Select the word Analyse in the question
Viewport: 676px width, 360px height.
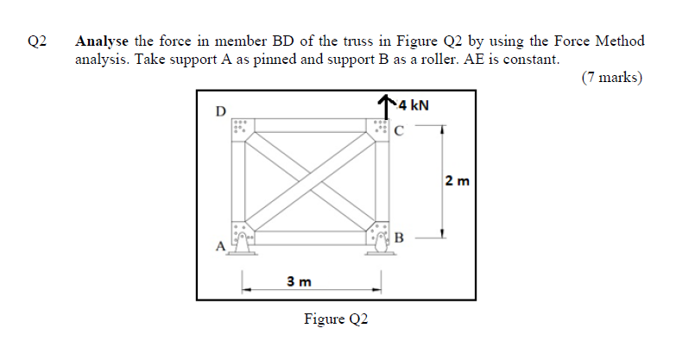(x=103, y=41)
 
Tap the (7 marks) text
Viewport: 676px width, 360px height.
(x=611, y=78)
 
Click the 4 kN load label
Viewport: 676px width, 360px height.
(x=413, y=105)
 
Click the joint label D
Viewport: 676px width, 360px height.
(x=220, y=111)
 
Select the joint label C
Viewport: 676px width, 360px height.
(x=398, y=132)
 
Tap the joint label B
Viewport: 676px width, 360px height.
(x=399, y=237)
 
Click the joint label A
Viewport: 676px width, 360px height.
(x=219, y=247)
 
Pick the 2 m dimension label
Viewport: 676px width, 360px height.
(x=457, y=181)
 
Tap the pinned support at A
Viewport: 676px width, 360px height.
(x=245, y=243)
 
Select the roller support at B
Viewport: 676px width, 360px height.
(x=379, y=244)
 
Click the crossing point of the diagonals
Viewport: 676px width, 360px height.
(x=312, y=181)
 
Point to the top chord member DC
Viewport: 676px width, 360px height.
(x=312, y=125)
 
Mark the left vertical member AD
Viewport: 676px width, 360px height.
(x=237, y=181)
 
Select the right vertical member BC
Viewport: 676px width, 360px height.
(x=381, y=181)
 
